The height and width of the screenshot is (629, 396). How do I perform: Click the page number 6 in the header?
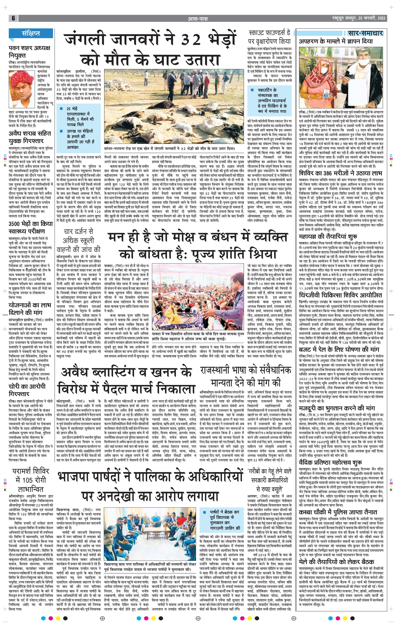pos(13,18)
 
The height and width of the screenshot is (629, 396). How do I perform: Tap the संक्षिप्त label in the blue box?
pos(31,33)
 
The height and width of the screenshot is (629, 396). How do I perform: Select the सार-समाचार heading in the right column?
pos(365,33)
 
